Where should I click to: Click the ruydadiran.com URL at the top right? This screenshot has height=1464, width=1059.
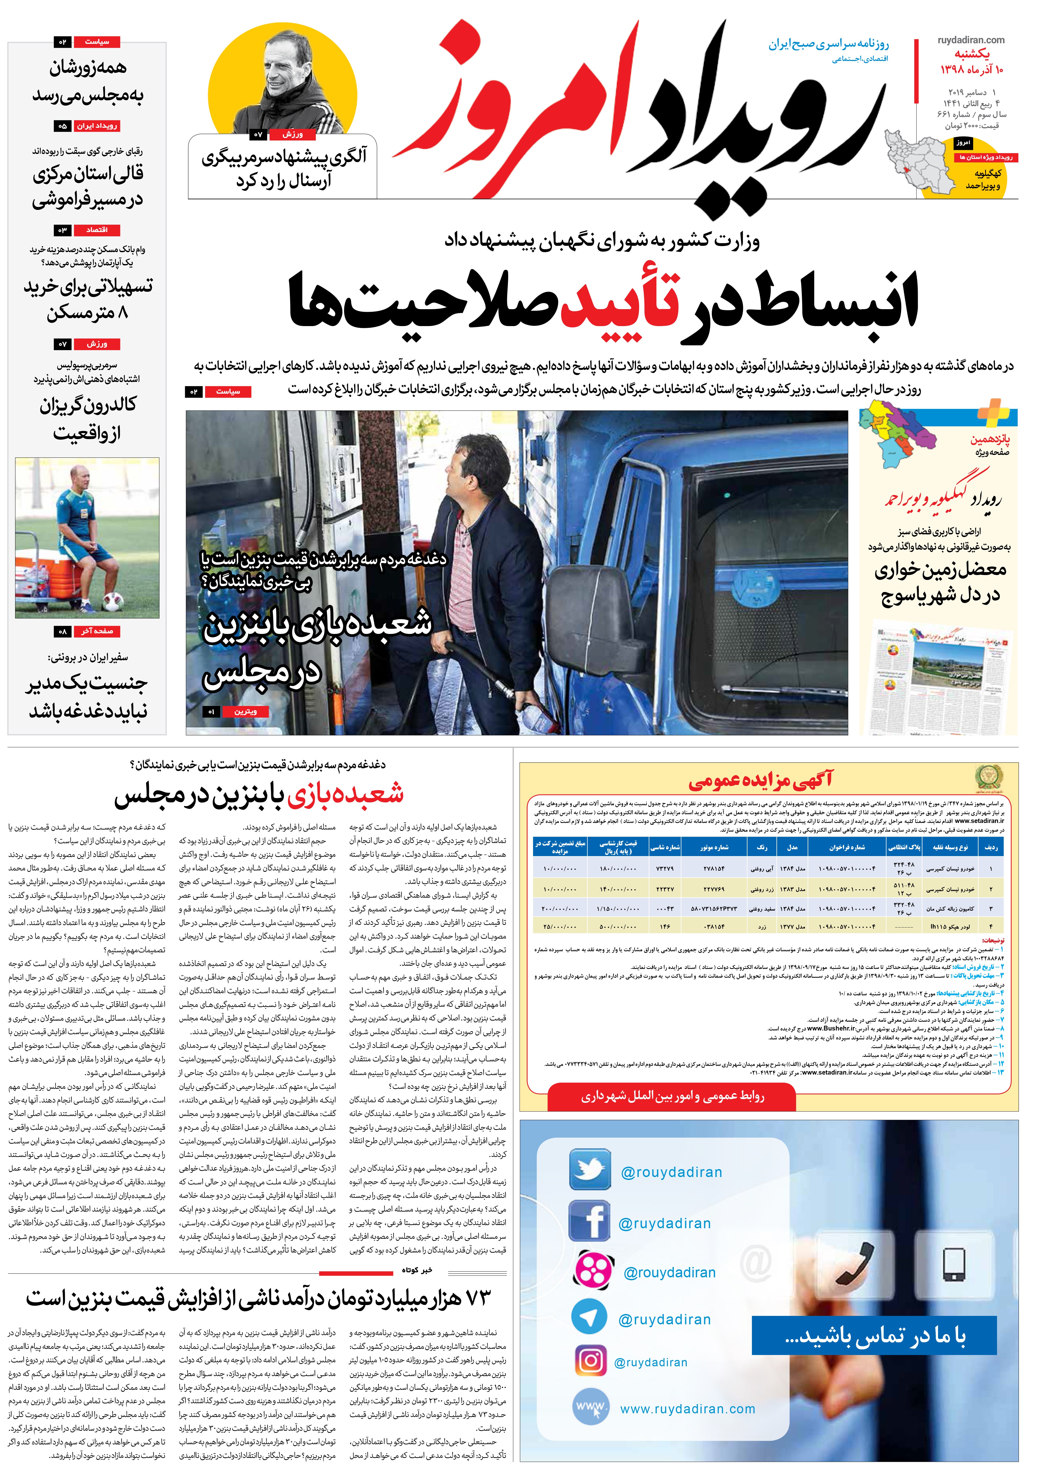[x=971, y=40]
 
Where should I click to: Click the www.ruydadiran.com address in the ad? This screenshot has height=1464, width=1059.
[x=687, y=1409]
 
